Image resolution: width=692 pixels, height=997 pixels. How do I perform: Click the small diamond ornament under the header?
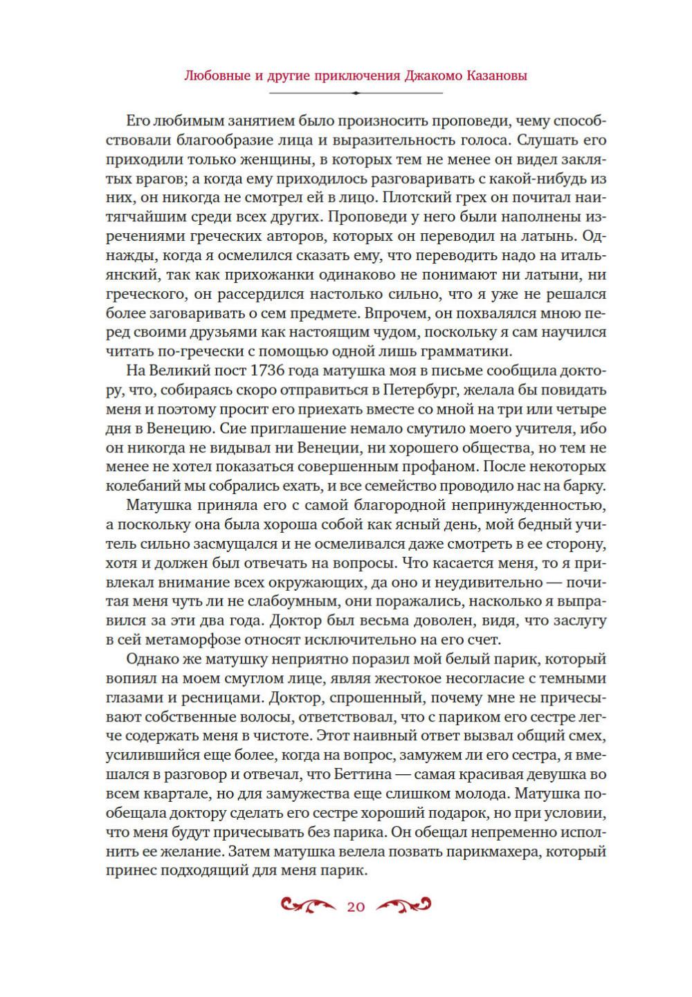(x=356, y=93)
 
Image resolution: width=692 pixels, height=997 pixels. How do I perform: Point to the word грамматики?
(x=473, y=350)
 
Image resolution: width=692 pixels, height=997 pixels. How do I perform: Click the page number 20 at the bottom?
(x=356, y=907)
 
